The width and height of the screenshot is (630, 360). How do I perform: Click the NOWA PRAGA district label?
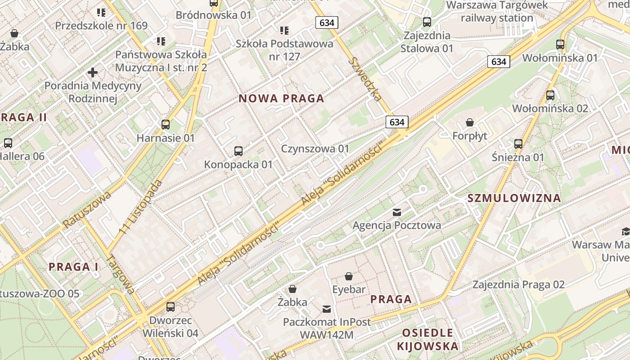281,99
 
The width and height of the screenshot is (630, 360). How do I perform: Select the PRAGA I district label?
73,266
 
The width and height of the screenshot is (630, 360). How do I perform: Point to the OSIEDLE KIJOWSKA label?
427,339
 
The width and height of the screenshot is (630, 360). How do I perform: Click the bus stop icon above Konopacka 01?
238,151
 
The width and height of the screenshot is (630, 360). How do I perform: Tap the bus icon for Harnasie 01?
166,125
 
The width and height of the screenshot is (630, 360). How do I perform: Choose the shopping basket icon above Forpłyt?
470,122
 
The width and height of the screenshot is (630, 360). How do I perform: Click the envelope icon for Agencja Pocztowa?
397,212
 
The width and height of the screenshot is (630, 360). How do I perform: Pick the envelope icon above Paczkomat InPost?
327,309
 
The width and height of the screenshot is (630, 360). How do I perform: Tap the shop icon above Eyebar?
349,276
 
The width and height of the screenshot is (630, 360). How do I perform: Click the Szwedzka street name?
367,79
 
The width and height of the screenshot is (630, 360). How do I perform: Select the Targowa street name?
121,274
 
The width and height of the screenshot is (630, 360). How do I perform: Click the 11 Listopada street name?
141,207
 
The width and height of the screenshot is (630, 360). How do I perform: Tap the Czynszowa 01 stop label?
315,148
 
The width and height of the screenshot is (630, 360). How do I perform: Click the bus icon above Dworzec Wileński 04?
171,307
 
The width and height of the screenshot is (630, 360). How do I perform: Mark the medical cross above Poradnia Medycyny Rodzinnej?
93,72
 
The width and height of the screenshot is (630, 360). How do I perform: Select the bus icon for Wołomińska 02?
550,95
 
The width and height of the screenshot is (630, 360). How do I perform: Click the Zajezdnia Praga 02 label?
518,284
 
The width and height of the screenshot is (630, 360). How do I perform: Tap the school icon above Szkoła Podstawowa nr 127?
284,31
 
